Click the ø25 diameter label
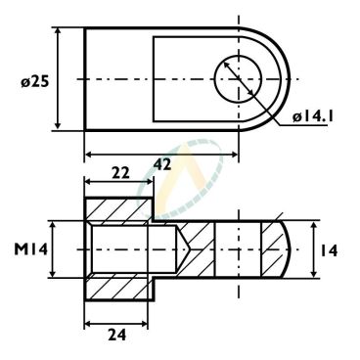(35, 81)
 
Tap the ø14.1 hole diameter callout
(312, 117)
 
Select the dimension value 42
(162, 164)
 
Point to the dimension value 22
(120, 173)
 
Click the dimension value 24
(116, 335)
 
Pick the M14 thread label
(30, 249)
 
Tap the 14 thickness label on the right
(329, 251)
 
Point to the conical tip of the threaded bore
(184, 249)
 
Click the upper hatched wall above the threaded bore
(119, 209)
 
